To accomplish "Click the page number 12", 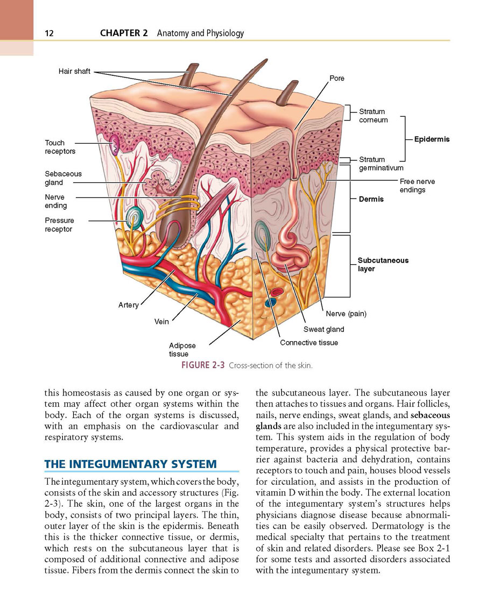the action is [x=49, y=33].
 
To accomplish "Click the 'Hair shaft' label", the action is [x=74, y=71].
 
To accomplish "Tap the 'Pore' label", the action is [x=337, y=78].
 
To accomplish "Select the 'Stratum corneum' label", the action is [x=374, y=116].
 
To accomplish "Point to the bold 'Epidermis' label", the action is [x=432, y=139].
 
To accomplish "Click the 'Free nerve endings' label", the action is [x=418, y=186].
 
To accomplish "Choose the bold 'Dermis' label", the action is [x=371, y=199].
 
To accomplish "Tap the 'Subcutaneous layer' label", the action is [x=383, y=264].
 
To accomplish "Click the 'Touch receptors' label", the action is [x=60, y=147].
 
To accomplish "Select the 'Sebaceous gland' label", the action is [x=64, y=178].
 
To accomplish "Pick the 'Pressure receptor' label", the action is [x=59, y=225].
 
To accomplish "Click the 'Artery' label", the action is [x=129, y=305].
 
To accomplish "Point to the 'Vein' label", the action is [x=161, y=321].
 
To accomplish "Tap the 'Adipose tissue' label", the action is [x=182, y=350].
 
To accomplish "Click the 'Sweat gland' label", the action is [x=323, y=329].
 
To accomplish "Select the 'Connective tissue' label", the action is [x=309, y=343].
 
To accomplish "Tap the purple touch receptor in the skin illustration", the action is [x=115, y=144].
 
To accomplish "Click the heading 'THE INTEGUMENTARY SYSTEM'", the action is [x=130, y=464].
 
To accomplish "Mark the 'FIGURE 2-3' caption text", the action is [x=203, y=365].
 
